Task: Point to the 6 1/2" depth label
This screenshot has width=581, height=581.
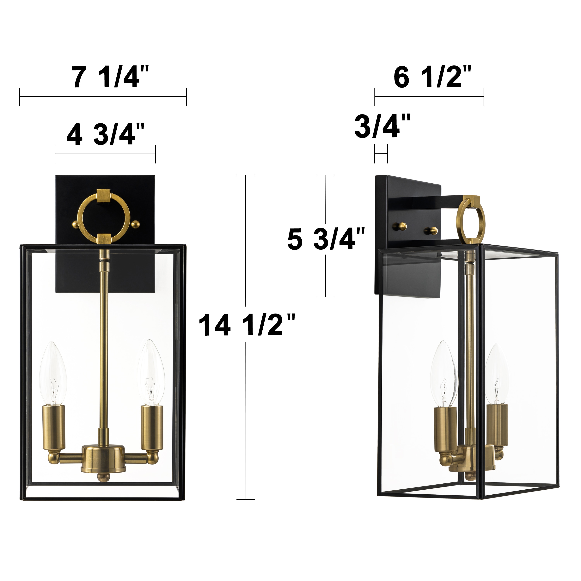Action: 431,78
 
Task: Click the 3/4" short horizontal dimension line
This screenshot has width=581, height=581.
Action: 381,154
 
